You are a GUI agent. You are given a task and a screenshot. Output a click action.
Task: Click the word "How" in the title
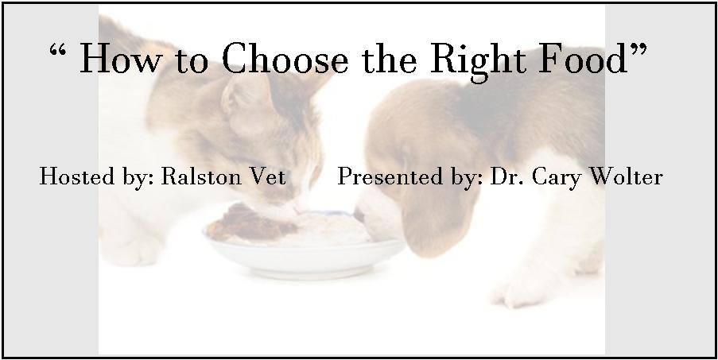coord(120,58)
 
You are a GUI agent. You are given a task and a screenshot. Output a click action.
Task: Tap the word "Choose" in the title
coord(285,58)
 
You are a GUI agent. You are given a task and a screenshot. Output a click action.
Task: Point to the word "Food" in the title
coord(583,58)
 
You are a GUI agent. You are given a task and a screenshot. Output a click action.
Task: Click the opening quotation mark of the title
coord(58,49)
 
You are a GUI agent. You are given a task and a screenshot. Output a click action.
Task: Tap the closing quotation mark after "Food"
coord(638,49)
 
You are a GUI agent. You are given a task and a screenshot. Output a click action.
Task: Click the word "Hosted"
coord(77,176)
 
